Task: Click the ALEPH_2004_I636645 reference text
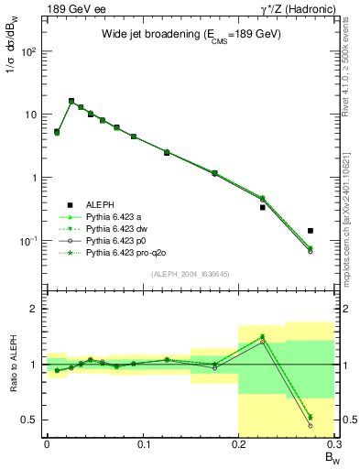coord(190,275)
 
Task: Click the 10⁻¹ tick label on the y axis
coord(28,241)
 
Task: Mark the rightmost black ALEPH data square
coord(311,231)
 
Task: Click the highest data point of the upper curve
coord(71,101)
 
